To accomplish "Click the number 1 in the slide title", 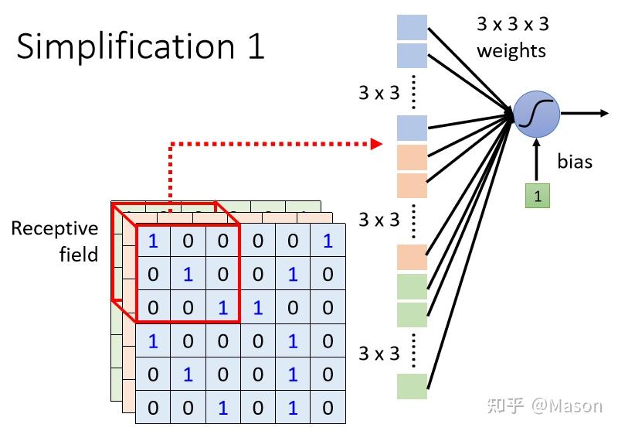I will [x=254, y=46].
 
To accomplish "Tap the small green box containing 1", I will [x=538, y=196].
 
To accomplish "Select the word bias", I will [x=575, y=161].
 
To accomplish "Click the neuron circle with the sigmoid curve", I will [x=537, y=115].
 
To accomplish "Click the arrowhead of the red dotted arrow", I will [x=377, y=143].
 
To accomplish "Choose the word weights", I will [x=511, y=51].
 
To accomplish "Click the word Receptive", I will [x=55, y=228].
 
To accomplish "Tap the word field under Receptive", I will [x=78, y=254].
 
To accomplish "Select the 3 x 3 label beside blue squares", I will [x=379, y=93].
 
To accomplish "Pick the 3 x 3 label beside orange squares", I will [x=379, y=220].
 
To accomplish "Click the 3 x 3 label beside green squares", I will [x=379, y=354].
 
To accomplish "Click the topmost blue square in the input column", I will [x=412, y=27].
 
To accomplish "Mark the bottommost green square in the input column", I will [x=412, y=386].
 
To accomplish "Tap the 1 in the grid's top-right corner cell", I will [x=328, y=241].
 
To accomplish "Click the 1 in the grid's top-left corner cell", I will [x=153, y=241].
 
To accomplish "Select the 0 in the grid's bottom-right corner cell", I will [x=328, y=407].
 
